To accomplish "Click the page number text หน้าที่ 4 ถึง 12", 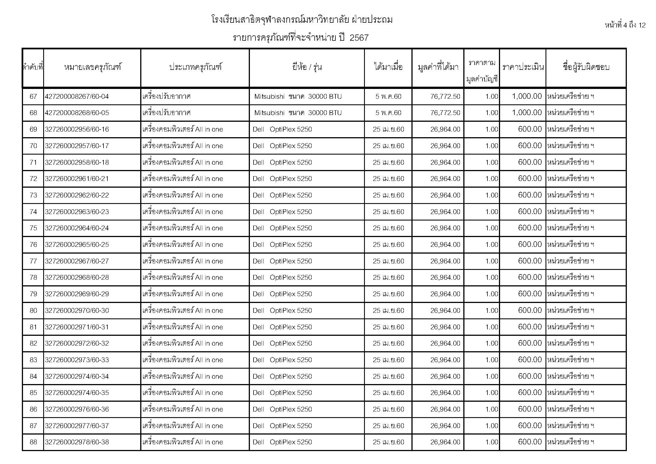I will click(625, 26).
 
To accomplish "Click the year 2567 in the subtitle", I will click(359, 38).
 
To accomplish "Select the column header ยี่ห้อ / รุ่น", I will click(307, 67).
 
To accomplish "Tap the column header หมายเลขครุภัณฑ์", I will click(93, 67).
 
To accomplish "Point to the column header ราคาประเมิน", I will click(523, 67).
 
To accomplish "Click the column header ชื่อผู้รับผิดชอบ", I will click(586, 67).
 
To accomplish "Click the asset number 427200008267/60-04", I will click(77, 97).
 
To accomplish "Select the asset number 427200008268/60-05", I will click(77, 113).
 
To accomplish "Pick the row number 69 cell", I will click(33, 129).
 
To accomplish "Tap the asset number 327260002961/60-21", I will click(77, 179).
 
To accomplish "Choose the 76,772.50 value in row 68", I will click(445, 113).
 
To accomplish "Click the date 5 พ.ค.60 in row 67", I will click(388, 97).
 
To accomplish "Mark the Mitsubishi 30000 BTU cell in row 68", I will click(298, 113).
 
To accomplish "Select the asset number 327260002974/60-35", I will click(77, 393).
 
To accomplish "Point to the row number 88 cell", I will click(33, 442).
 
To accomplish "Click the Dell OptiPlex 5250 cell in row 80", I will click(282, 311).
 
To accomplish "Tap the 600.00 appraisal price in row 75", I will click(530, 228).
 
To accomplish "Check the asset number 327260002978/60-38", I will click(77, 442).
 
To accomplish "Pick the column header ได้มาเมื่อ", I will click(388, 67).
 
